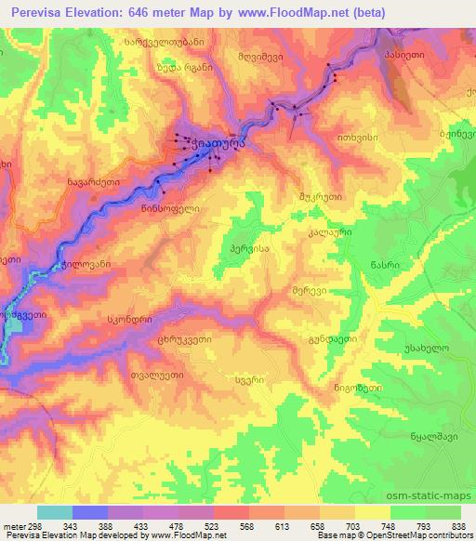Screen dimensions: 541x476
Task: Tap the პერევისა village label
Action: coord(248,250)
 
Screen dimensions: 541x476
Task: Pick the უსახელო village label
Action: coord(430,347)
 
